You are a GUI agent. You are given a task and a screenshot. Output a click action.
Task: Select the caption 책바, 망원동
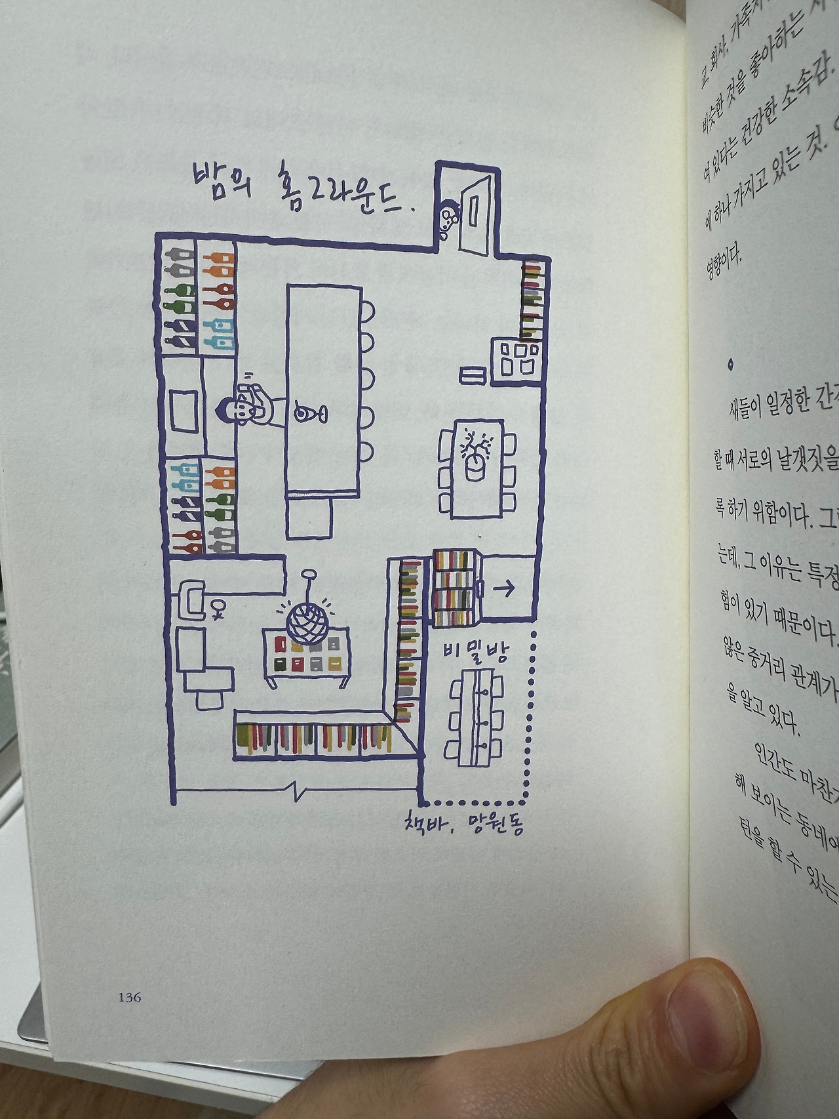coord(463,823)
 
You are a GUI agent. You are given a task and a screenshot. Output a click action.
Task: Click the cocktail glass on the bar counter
coord(306,414)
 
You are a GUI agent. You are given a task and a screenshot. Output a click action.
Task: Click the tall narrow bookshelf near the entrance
coord(532,300)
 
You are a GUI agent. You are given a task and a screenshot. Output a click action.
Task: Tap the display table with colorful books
coord(305,657)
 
